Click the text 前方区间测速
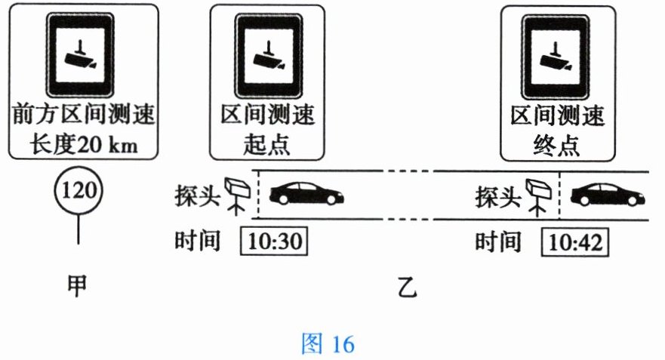coord(82,116)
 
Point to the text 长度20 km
coord(83,143)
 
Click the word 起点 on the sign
coord(266,143)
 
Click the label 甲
coord(77,285)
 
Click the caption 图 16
coord(327,344)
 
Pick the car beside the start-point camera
coord(307,194)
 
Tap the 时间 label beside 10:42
coord(498,242)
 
